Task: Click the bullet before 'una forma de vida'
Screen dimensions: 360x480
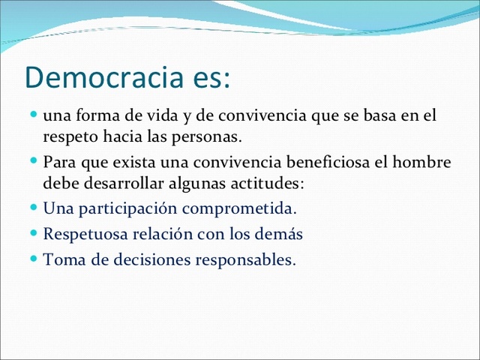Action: pos(35,115)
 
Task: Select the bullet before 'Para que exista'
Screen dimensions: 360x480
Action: pos(35,160)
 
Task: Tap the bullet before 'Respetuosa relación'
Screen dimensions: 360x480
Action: pos(35,232)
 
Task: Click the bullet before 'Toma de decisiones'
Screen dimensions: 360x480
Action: pos(35,259)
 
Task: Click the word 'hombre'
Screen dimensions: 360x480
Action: pos(425,162)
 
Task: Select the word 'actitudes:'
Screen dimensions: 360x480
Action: pos(266,184)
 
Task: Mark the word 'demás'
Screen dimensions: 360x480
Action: pos(280,234)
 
